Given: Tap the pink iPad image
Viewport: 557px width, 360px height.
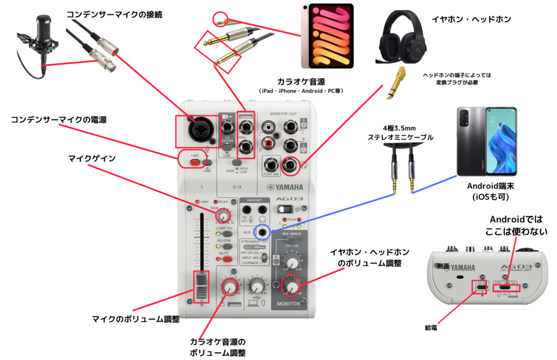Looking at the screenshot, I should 327,34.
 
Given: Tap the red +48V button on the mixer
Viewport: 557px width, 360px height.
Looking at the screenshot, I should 194,162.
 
